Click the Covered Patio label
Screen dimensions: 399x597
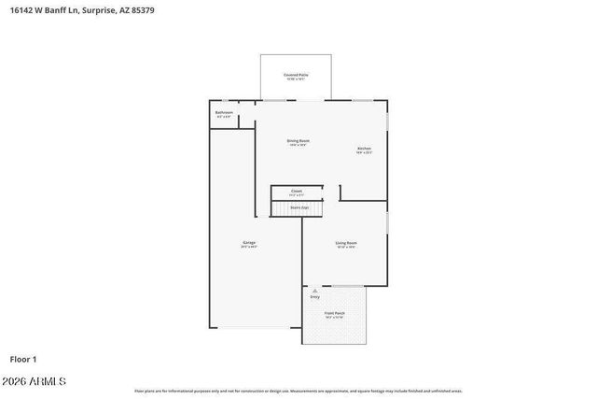297,74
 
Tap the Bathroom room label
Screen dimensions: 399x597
224,113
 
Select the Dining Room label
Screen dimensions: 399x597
298,141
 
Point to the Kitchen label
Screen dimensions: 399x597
364,149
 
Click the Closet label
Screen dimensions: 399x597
297,191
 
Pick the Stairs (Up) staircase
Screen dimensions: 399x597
298,207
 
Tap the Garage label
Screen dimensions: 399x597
248,243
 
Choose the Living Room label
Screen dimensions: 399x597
346,243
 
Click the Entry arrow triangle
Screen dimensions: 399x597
302,291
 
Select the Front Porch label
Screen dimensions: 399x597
334,313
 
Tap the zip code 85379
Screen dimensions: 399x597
154,10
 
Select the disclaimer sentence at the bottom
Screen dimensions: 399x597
298,392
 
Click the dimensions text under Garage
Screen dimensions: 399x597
248,248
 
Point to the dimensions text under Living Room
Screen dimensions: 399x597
346,248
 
